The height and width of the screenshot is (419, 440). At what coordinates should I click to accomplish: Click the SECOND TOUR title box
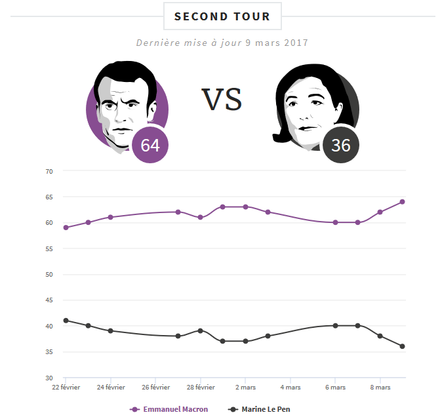click(x=222, y=16)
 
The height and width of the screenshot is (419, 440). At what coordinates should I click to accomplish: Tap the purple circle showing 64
click(x=150, y=145)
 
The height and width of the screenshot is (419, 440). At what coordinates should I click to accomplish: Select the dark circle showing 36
click(x=340, y=145)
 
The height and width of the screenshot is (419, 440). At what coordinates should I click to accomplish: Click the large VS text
click(x=222, y=100)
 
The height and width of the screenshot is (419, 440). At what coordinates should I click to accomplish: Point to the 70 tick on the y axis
click(x=49, y=171)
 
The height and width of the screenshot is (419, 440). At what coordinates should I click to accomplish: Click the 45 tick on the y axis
click(x=49, y=300)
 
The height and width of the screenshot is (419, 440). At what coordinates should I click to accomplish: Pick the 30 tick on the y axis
click(x=49, y=378)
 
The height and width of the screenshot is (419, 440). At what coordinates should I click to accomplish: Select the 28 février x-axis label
click(x=199, y=388)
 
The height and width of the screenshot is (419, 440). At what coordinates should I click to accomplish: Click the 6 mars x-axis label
click(x=335, y=388)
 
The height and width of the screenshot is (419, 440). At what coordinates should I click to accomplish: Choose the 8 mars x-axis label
click(x=380, y=388)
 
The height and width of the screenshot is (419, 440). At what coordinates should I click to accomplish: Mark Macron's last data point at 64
click(x=402, y=202)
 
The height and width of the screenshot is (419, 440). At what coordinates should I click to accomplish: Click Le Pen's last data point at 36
click(x=402, y=346)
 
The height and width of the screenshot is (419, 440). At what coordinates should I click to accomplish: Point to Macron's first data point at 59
click(x=66, y=228)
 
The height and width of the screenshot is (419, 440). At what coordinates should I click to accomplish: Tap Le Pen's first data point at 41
click(x=66, y=321)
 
